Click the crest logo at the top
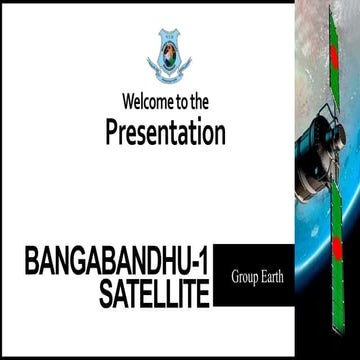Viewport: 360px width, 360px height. coord(166,55)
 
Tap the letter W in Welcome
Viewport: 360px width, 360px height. coord(128,102)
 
